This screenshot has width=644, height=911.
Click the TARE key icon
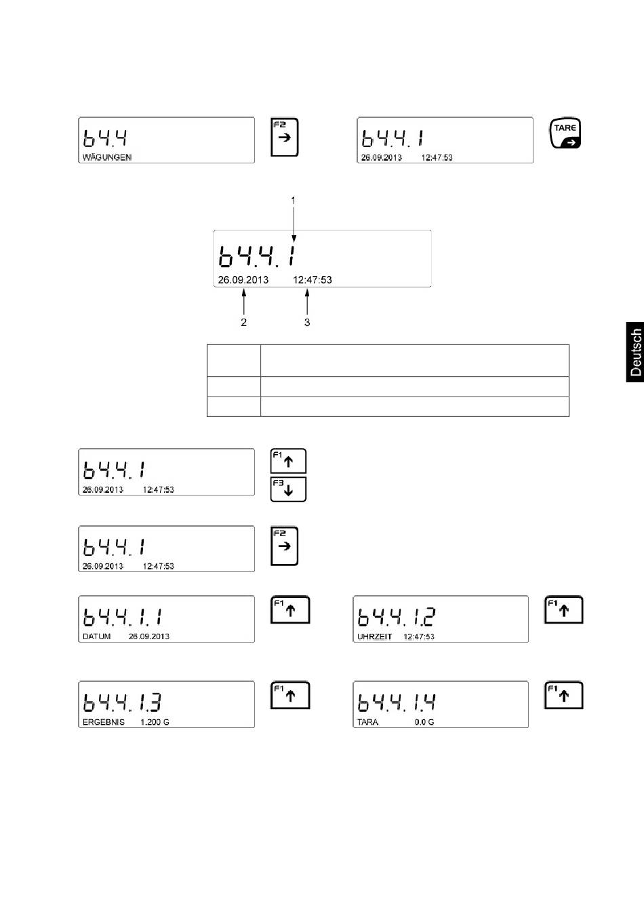565,134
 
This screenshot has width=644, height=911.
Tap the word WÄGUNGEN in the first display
107,157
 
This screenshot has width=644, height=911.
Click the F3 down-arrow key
288,489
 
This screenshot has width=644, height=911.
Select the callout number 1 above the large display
294,201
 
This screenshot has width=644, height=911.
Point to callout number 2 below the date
244,323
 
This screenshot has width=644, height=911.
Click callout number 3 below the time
307,323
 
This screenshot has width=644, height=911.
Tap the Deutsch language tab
635,352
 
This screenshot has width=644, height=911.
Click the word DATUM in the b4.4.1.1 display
97,636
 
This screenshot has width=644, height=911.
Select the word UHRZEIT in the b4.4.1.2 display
374,636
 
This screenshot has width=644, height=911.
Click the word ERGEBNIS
104,723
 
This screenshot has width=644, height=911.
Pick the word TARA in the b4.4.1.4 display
367,723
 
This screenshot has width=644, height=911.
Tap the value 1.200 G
155,723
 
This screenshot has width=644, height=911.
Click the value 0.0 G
424,723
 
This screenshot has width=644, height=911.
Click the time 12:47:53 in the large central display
313,280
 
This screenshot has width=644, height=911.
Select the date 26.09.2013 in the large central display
243,280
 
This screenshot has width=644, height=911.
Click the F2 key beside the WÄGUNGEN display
285,138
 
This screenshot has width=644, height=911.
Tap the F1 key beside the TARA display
563,695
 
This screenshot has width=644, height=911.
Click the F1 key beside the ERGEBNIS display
290,695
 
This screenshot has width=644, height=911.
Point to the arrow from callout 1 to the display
294,224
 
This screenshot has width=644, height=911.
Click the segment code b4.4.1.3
123,702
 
